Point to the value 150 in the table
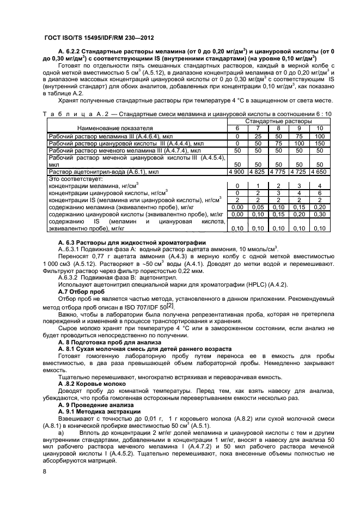[x=319, y=143]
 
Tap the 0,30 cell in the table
[x=319, y=215]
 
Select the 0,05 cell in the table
[x=258, y=207]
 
